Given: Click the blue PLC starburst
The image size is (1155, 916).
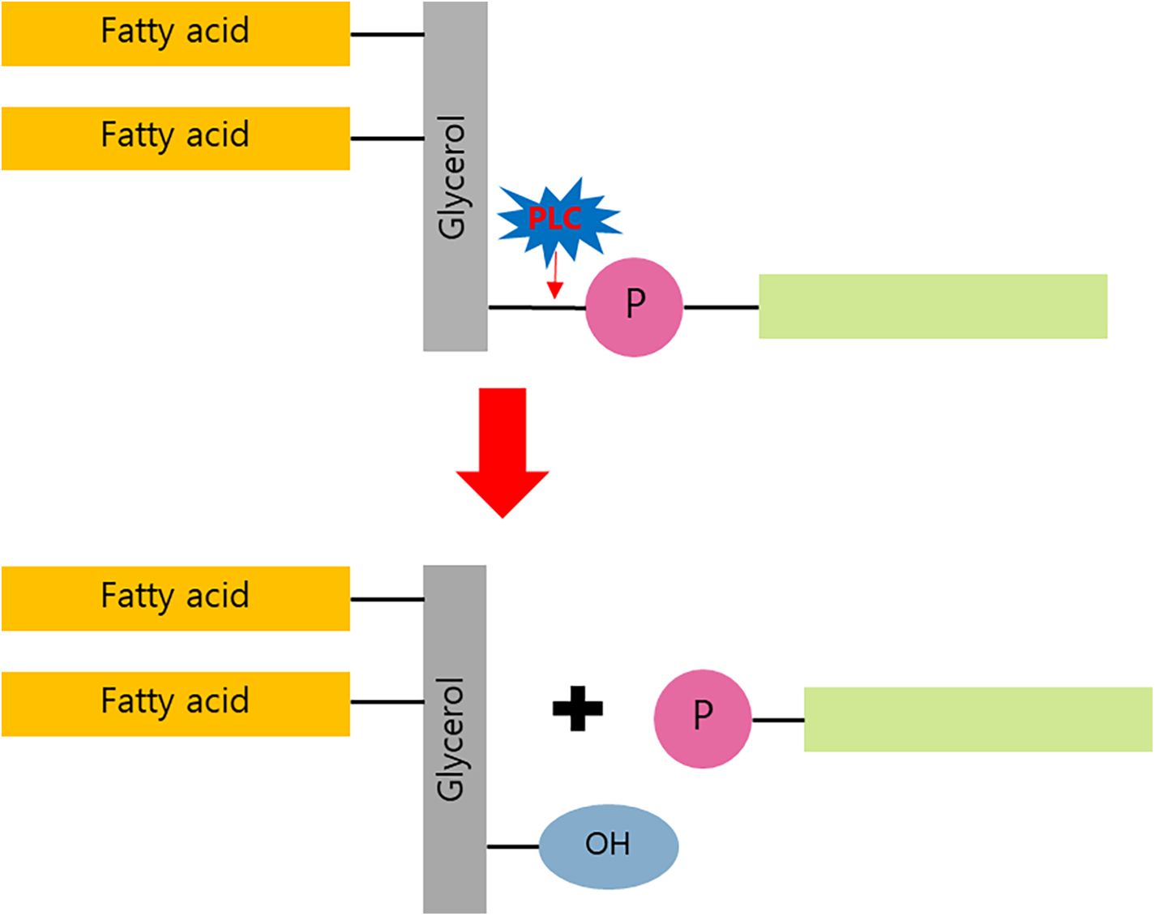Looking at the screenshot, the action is click(559, 220).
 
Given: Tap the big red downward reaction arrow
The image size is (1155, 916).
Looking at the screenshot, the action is click(503, 452).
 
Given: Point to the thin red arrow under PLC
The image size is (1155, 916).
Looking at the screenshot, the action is click(555, 275).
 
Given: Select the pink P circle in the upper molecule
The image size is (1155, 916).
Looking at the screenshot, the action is click(634, 307).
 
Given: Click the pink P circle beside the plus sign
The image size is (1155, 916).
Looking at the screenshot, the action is click(703, 718).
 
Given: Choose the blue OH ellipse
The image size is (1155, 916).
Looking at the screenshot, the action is click(609, 847).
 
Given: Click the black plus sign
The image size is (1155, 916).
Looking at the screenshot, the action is click(577, 708).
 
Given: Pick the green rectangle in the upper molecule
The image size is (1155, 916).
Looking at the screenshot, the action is click(933, 306).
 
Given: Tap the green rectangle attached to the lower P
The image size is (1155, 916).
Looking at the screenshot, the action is click(977, 719).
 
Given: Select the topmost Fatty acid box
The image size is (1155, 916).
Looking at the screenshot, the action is click(176, 34).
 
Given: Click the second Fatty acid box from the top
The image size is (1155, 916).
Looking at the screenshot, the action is click(176, 139).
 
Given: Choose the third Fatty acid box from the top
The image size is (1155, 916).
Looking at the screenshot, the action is click(176, 598).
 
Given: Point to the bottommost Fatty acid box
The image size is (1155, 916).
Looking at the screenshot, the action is click(176, 704).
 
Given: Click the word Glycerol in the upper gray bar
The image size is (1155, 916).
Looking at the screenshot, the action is click(451, 178).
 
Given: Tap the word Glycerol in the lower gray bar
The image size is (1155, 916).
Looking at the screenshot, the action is click(450, 739).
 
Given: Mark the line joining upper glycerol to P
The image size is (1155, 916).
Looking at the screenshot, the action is click(537, 308).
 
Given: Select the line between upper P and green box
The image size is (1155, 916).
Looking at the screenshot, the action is click(721, 308).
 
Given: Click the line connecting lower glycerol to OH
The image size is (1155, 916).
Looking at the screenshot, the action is click(513, 847).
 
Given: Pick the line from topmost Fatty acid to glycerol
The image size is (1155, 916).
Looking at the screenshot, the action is click(387, 34).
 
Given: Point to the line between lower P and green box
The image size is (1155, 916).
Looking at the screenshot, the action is click(778, 720).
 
